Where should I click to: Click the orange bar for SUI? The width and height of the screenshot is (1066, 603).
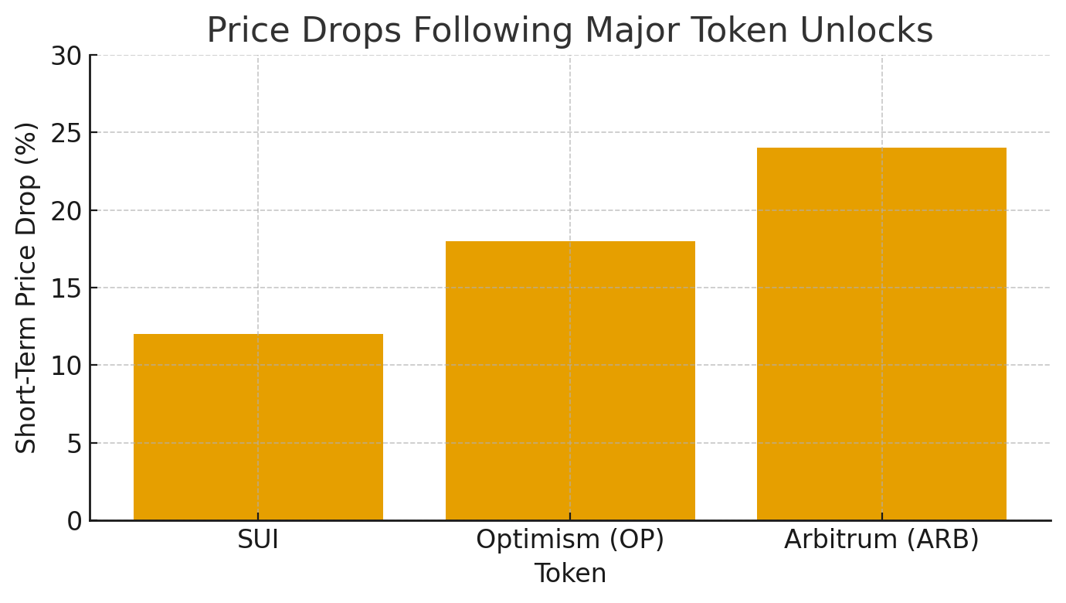click(258, 427)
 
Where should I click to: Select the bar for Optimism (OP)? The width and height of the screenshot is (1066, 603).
click(570, 380)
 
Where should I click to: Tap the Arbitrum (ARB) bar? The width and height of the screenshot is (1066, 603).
click(881, 334)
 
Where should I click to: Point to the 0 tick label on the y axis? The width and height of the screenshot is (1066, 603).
click(74, 521)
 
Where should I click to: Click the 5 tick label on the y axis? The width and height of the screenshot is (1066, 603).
click(74, 444)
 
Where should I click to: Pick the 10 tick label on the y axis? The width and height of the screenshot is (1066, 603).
click(66, 366)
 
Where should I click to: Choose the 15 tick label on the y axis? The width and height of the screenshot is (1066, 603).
click(66, 288)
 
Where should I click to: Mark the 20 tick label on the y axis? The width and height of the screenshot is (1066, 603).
click(66, 211)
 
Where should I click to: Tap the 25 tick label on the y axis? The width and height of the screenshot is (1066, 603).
click(66, 133)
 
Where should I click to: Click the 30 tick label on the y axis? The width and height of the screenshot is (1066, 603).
click(66, 56)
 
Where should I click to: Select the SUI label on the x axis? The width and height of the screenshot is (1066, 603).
click(258, 540)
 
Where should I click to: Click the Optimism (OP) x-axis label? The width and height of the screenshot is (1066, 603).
click(570, 540)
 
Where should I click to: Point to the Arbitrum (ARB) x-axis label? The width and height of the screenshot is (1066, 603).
click(881, 540)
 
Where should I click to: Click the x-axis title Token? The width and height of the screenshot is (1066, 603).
click(570, 574)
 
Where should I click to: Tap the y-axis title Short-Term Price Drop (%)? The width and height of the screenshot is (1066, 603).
click(27, 288)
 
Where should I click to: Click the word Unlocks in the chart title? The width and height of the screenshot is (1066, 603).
click(873, 31)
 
